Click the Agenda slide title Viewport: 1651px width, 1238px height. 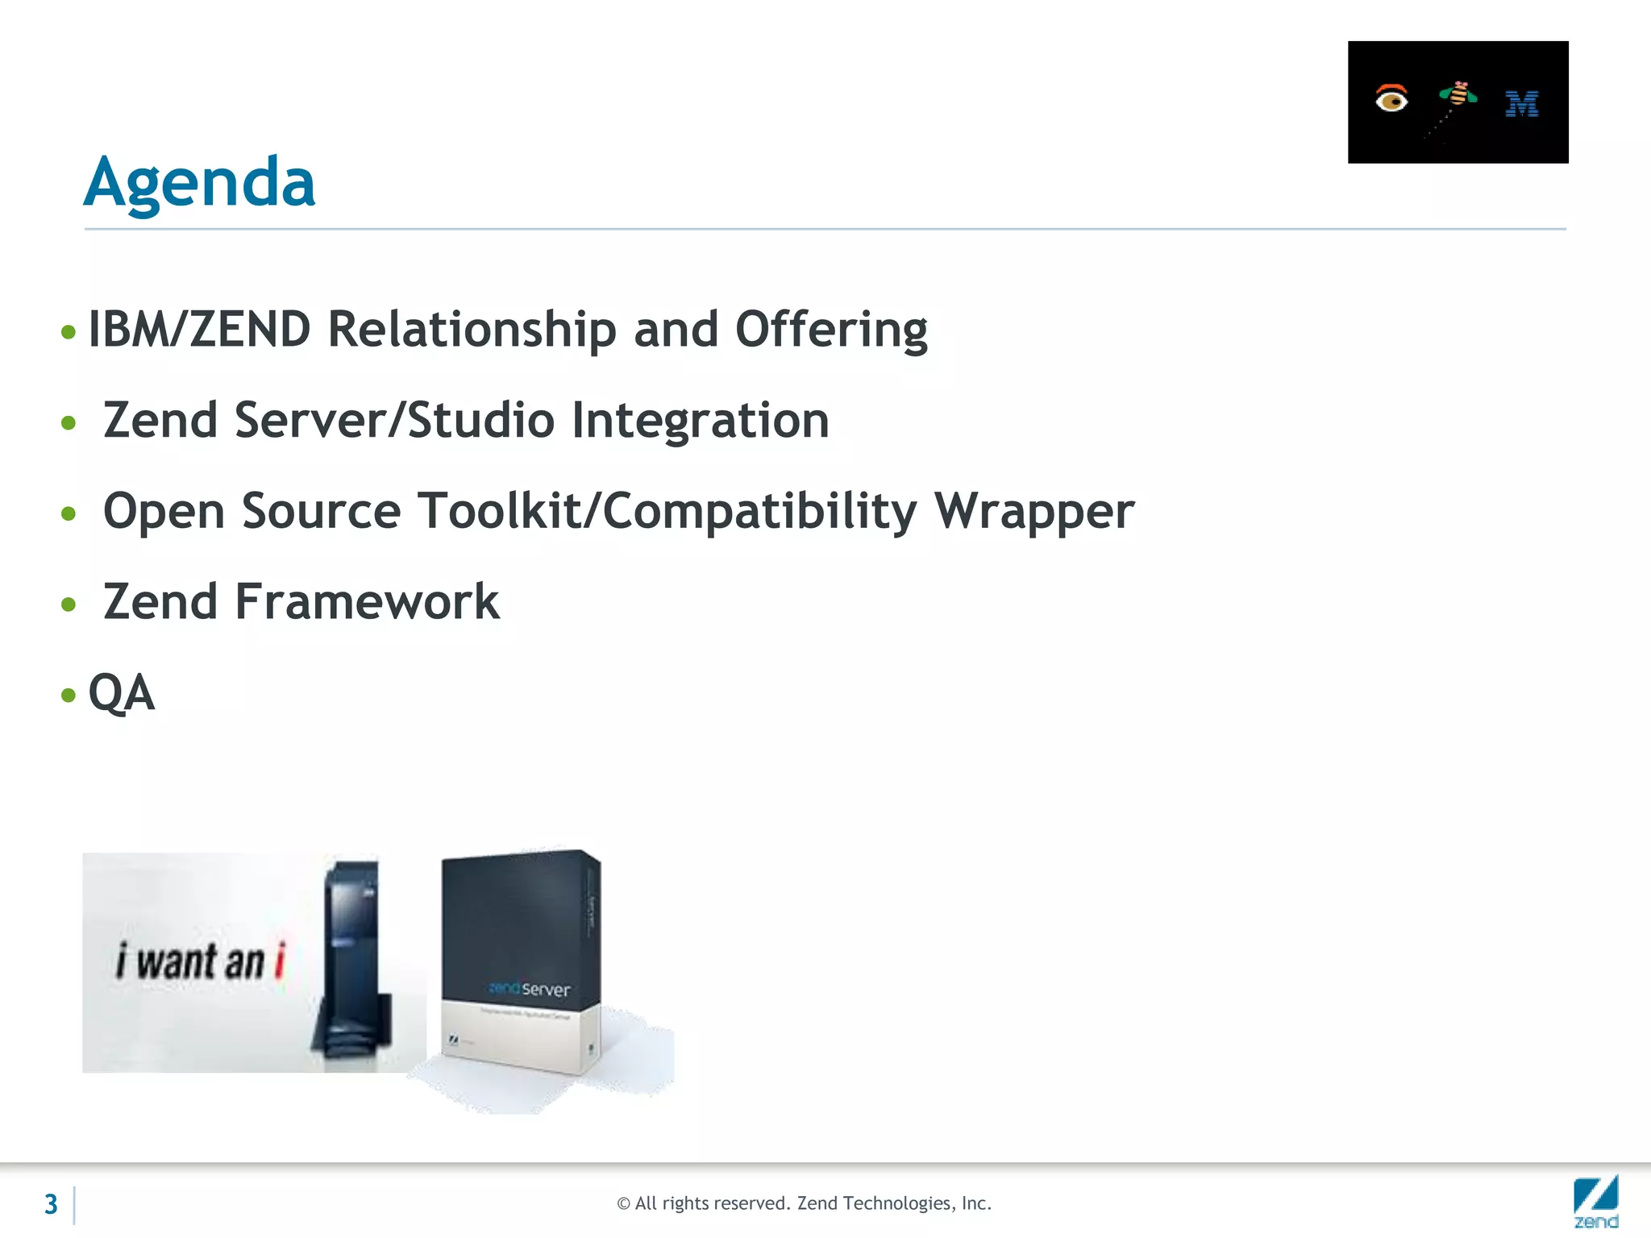click(199, 182)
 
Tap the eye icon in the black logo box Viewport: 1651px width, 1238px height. click(1391, 99)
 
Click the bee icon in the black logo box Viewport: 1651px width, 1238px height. click(1458, 96)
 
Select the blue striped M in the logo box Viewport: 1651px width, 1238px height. click(1522, 104)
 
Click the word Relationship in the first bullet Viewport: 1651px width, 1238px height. click(472, 330)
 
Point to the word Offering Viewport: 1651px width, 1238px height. click(831, 330)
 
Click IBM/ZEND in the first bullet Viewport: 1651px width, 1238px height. click(199, 330)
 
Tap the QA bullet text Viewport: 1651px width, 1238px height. click(121, 692)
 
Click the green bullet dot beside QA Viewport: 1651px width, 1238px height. click(69, 694)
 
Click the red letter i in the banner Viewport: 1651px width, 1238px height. click(280, 960)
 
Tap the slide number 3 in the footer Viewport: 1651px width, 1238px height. click(51, 1204)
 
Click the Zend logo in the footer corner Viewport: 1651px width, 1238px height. click(1595, 1201)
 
